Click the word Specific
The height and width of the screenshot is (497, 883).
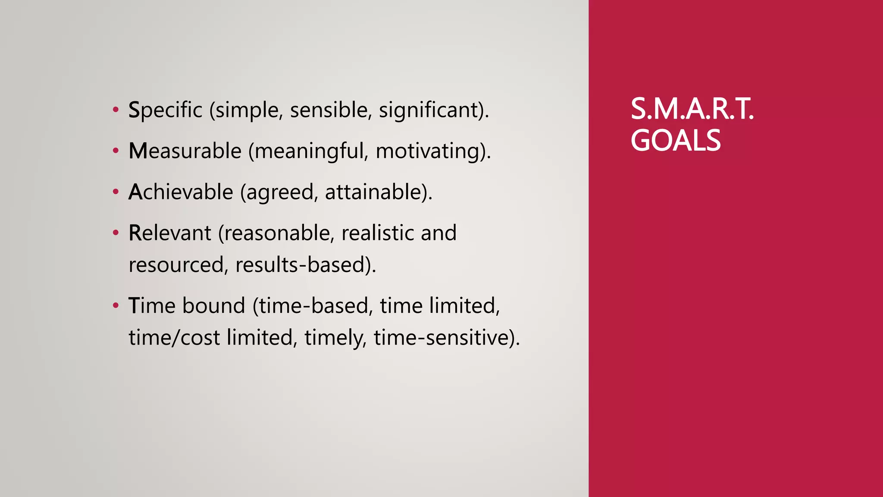point(165,110)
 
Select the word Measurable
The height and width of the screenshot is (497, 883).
point(185,151)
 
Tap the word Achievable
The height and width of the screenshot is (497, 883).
point(181,192)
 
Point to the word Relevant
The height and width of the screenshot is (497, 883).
point(170,233)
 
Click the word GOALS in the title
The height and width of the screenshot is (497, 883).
point(675,141)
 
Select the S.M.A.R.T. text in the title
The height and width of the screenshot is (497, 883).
point(692,109)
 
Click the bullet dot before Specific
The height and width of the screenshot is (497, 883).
point(115,110)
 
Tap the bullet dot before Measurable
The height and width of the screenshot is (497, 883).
point(115,151)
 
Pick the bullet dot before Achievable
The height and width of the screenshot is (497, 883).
point(115,192)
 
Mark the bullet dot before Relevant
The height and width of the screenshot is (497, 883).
point(115,233)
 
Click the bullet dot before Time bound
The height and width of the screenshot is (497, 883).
point(115,306)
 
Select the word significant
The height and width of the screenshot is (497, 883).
point(429,110)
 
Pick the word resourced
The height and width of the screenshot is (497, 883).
point(176,264)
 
